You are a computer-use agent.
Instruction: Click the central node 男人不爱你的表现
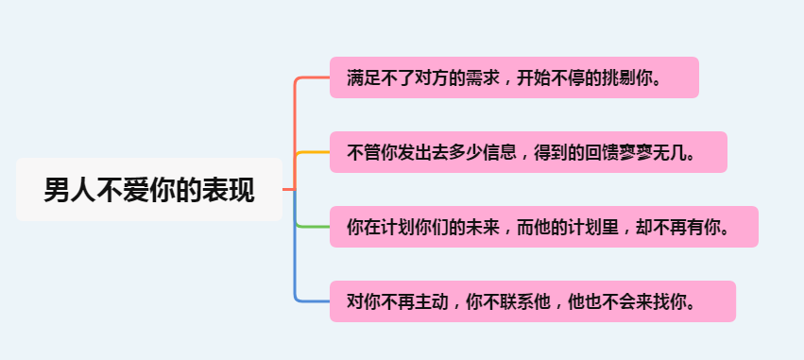click(149, 190)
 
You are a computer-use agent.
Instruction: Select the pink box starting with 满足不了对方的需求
click(514, 77)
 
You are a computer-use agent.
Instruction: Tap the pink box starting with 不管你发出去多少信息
click(527, 152)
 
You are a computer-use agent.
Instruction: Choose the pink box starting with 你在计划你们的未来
click(543, 227)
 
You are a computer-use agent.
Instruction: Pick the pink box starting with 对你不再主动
click(531, 301)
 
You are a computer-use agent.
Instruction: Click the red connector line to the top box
click(296, 123)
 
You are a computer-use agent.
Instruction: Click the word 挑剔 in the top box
click(618, 77)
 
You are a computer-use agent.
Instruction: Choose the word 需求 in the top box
click(474, 77)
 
